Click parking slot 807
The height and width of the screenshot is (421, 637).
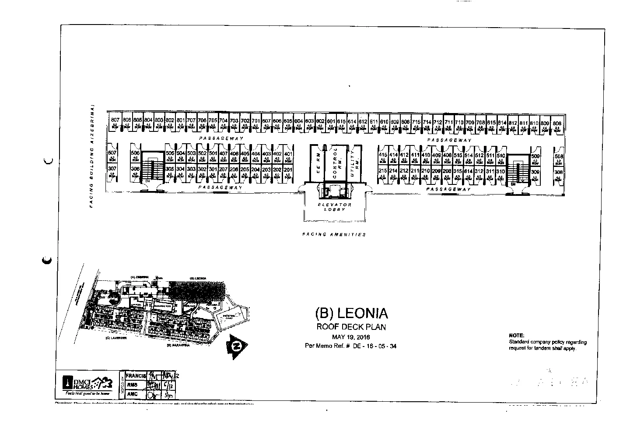tap(115, 123)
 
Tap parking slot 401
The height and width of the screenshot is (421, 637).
tap(288, 156)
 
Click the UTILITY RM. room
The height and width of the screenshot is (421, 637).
tap(354, 162)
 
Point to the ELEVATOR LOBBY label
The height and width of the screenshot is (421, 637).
tap(334, 207)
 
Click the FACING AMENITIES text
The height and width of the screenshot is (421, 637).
tap(334, 234)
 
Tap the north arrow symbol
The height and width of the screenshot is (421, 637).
tap(237, 347)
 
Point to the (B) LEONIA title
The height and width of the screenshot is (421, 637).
tap(351, 313)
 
